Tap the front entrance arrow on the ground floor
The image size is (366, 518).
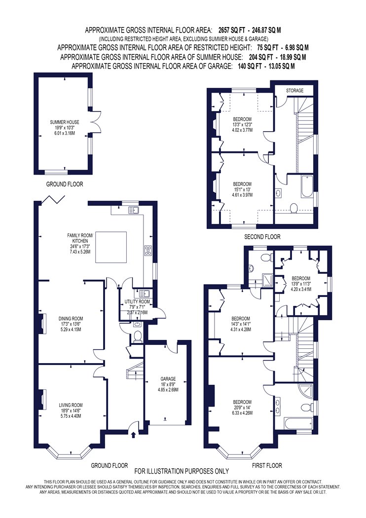(133, 435)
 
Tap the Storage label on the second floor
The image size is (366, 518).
(294, 90)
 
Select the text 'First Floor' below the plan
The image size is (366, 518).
(267, 466)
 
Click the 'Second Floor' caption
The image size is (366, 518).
(262, 236)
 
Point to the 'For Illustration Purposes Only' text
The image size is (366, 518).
(182, 471)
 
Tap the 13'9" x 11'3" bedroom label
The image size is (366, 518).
(301, 284)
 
